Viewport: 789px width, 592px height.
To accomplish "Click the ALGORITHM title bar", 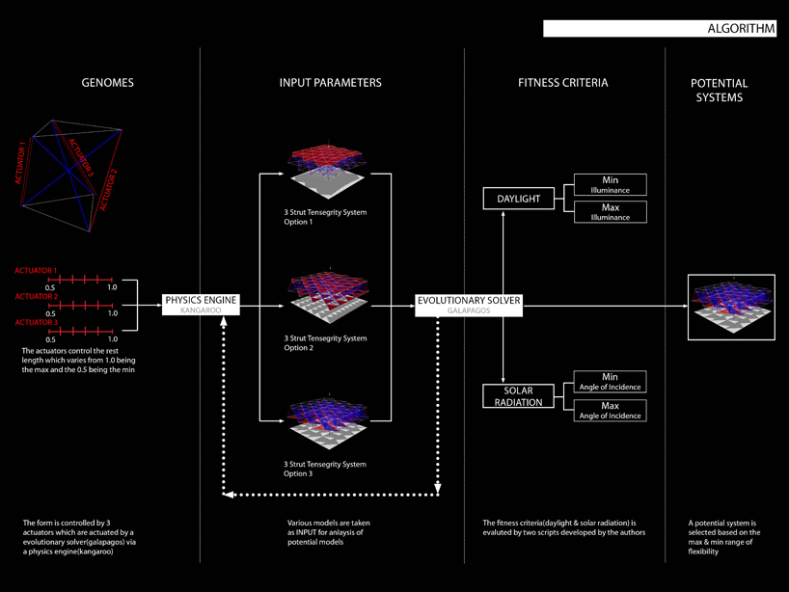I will coord(660,29).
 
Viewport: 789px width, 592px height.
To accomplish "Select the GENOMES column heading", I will coord(107,83).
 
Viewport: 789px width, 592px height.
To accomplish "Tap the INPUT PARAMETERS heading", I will coord(331,83).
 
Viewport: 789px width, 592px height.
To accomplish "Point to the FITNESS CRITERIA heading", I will coord(562,83).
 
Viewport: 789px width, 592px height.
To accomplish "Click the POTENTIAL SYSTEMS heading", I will coord(719,90).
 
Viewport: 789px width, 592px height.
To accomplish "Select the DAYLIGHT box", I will coord(519,200).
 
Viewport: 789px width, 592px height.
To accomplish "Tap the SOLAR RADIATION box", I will coord(519,396).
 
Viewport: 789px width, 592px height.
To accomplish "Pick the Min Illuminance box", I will coord(610,184).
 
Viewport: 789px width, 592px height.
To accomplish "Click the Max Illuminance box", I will coord(610,212).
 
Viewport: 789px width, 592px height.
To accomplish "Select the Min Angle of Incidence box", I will coord(610,382).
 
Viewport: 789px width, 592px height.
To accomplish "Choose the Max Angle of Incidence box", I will coord(610,410).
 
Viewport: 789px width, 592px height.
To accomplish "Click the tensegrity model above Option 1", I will coord(328,170).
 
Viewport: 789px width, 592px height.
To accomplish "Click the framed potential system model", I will coord(730,308).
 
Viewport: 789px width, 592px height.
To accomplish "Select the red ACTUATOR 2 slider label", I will coord(36,297).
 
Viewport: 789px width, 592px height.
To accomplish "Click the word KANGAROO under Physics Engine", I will coord(200,311).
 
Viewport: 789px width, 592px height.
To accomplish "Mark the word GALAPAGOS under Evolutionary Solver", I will coord(469,311).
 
